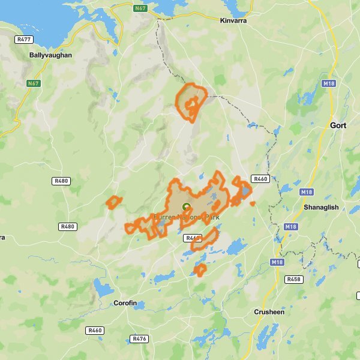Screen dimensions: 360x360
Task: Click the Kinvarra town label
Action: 233,20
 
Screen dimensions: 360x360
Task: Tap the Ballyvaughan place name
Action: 50,55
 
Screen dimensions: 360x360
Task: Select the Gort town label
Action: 338,125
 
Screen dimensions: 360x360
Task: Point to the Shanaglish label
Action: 322,207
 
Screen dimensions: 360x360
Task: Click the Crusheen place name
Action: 269,312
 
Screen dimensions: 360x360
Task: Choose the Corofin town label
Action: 130,304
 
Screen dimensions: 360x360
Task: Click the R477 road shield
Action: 24,39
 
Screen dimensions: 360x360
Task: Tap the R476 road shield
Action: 140,339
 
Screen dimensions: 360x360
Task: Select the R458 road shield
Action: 294,280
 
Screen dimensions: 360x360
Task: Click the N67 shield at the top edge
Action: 141,8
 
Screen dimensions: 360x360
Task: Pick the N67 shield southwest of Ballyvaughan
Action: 33,83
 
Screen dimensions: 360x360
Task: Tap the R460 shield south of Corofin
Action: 95,331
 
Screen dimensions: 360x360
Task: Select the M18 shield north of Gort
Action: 328,83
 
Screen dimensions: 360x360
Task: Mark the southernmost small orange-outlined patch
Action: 200,269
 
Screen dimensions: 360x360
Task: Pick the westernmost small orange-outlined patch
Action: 113,202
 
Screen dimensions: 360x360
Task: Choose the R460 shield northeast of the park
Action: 260,179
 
